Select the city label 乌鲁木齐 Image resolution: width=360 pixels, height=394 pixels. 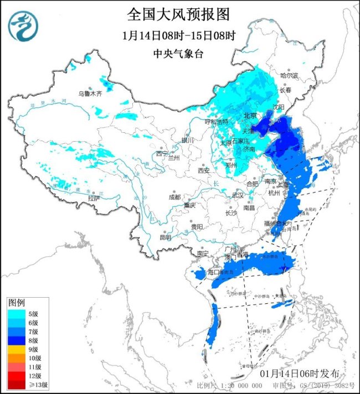click(90, 94)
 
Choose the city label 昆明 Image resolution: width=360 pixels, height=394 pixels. click(165, 237)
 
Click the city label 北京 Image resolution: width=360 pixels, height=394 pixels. click(251, 116)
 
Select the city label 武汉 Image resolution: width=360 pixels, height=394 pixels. click(238, 195)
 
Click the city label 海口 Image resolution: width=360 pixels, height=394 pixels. click(214, 272)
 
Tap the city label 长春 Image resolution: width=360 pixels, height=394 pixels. click(285, 90)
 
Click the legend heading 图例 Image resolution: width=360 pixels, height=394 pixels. click(17, 303)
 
